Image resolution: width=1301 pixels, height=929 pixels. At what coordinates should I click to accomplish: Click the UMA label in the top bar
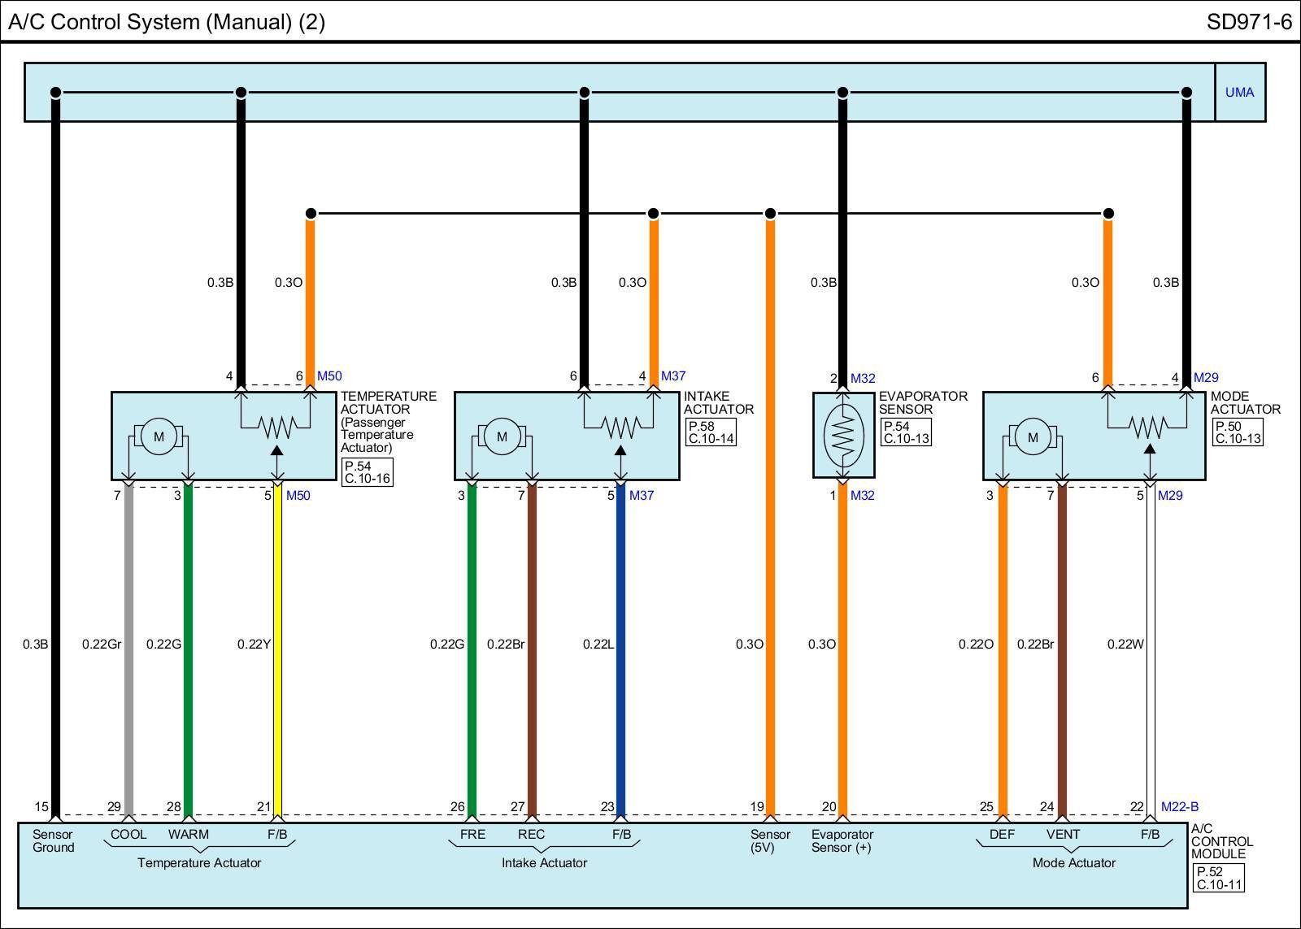click(1239, 93)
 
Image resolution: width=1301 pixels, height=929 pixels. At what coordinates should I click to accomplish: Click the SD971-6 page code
click(1249, 22)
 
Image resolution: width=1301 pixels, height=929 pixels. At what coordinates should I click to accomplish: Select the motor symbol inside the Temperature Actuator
click(159, 436)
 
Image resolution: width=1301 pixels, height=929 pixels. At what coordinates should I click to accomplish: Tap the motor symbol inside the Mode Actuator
click(1033, 436)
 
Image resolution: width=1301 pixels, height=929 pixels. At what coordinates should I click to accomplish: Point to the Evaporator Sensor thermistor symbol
click(843, 434)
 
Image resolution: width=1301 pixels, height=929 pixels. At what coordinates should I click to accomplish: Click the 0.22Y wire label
click(254, 645)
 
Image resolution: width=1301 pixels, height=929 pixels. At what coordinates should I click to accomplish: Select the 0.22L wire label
click(598, 645)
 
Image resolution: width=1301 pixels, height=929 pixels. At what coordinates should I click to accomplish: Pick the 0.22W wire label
click(1125, 645)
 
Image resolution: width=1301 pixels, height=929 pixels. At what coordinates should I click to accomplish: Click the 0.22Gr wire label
click(102, 645)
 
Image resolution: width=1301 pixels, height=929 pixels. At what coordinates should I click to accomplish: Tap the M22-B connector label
click(1180, 807)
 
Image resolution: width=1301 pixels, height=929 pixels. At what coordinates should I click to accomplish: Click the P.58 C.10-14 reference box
click(711, 432)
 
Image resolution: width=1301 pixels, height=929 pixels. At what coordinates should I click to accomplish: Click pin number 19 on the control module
click(757, 807)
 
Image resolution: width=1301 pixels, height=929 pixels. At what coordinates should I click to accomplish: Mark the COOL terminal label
click(128, 835)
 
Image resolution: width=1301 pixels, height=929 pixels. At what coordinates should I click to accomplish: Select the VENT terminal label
click(1063, 835)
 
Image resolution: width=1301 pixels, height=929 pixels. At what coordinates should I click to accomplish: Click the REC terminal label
click(531, 835)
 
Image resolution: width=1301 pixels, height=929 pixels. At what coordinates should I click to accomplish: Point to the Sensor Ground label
click(54, 841)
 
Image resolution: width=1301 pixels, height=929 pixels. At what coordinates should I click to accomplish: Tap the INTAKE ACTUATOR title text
click(719, 403)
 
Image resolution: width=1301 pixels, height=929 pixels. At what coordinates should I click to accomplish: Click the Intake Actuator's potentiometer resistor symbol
click(620, 425)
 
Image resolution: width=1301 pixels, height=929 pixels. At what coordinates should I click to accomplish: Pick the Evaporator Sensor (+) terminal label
click(842, 841)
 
